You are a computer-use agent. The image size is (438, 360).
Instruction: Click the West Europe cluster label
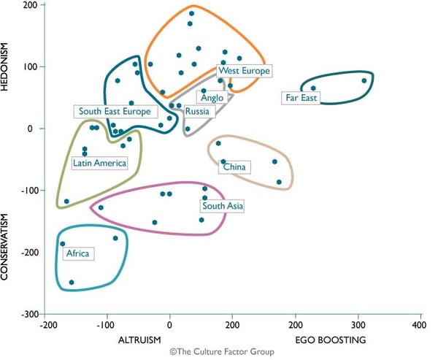click(x=245, y=71)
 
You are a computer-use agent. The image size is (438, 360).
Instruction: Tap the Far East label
click(x=301, y=97)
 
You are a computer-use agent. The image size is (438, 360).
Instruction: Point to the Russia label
click(x=197, y=112)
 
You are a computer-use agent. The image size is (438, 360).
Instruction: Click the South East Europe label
click(x=115, y=112)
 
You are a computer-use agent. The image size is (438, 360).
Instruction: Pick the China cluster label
click(x=234, y=167)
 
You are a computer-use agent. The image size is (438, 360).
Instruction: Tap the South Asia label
click(x=223, y=207)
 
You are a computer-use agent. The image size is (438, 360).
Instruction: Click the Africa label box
click(x=77, y=254)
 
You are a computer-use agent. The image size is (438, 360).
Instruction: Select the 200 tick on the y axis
click(x=30, y=5)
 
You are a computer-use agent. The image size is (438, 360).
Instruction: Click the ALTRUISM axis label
click(x=139, y=340)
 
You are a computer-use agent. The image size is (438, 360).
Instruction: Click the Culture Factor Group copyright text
click(x=222, y=352)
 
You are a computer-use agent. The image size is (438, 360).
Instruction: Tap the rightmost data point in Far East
click(x=364, y=80)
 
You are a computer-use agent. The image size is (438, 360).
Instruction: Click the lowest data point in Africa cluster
click(x=72, y=282)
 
